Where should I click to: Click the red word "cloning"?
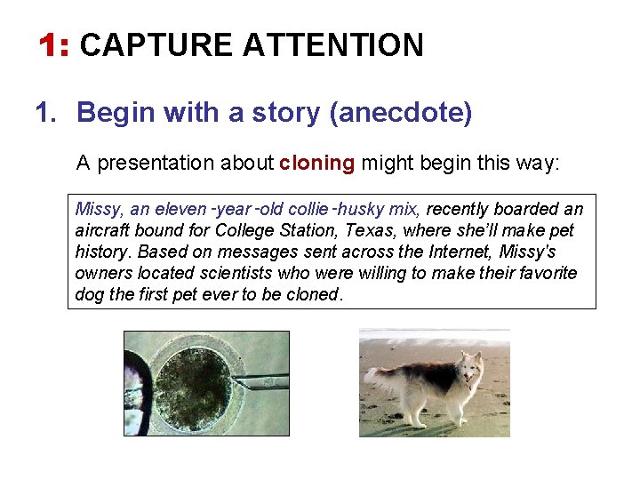tap(316, 164)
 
